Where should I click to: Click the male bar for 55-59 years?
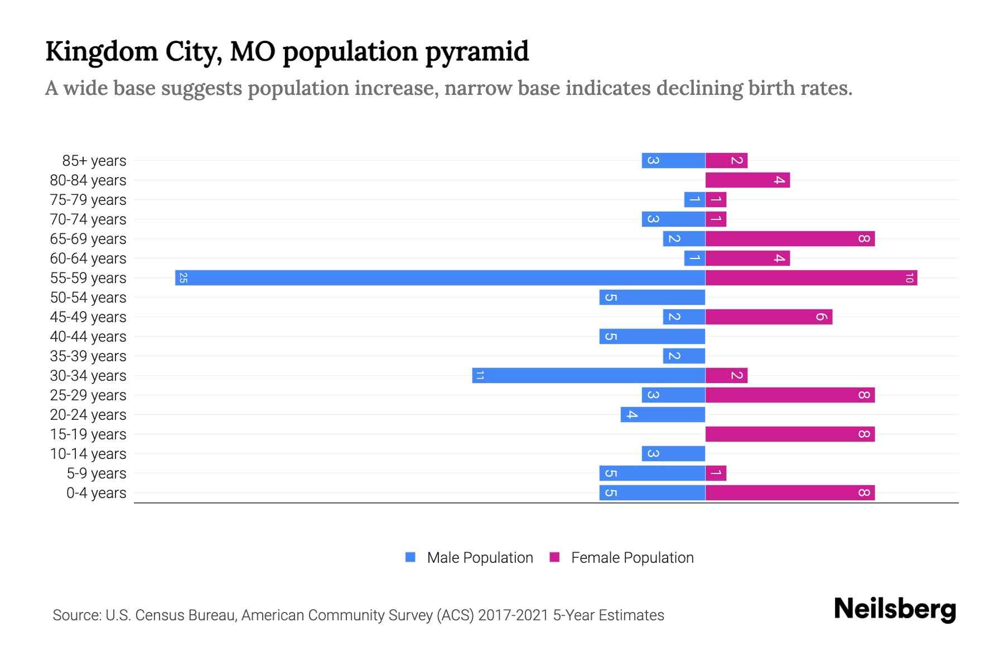point(440,278)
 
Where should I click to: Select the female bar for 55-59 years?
point(811,278)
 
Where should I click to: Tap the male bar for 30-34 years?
point(588,376)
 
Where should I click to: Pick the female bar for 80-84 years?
point(747,180)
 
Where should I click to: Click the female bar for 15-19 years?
point(790,434)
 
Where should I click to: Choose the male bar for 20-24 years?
point(663,415)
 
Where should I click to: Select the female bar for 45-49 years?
point(769,317)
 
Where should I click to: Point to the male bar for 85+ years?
point(673,161)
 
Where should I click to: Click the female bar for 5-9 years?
point(716,473)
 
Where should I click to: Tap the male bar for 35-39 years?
point(684,356)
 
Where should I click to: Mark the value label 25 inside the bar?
point(183,278)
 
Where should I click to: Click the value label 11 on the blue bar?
point(480,376)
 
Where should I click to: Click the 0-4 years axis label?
point(96,493)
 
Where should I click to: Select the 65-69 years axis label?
point(88,239)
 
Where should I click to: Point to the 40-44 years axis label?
point(88,337)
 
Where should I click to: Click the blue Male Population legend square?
point(411,557)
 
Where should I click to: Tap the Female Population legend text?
point(632,558)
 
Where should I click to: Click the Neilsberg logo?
point(895,609)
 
